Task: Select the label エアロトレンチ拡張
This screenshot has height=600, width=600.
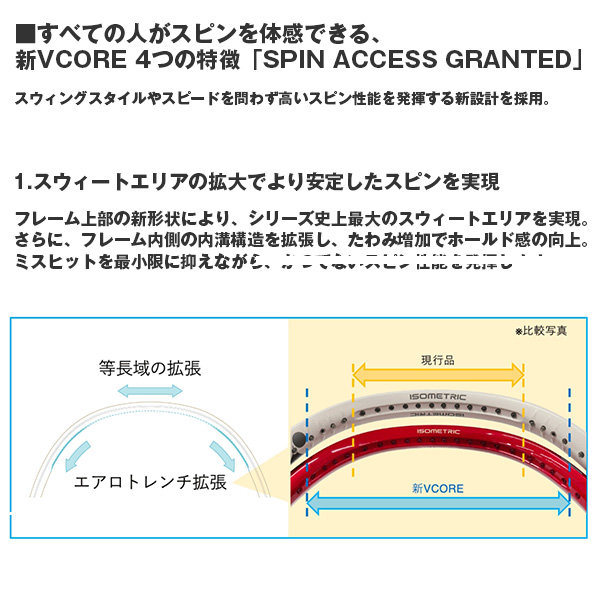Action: coord(151,481)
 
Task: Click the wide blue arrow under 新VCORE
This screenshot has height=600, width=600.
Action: coord(437,507)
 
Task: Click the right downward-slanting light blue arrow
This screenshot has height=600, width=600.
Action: coord(221,453)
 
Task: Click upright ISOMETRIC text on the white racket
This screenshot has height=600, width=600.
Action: coord(436,397)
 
